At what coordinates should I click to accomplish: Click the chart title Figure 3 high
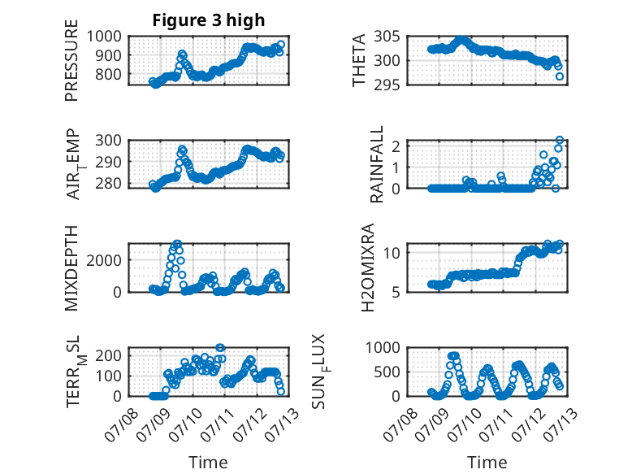pos(209,20)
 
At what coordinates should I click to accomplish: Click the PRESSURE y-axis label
pos(71,60)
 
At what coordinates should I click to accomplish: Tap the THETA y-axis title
pos(358,60)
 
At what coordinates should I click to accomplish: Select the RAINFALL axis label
pos(376,164)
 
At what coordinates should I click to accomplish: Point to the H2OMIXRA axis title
pos(368,267)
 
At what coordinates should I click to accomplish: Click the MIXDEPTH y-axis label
pos(71,267)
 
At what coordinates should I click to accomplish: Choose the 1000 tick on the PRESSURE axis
pos(104,37)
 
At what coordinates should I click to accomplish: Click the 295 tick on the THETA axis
pos(387,85)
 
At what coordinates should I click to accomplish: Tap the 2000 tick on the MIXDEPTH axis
pos(104,260)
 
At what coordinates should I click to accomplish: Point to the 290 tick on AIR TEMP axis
pos(108,162)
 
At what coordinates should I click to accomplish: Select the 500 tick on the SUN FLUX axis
pos(387,372)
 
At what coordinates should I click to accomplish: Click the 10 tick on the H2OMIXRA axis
pos(392,253)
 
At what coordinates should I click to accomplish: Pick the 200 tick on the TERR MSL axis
pos(108,355)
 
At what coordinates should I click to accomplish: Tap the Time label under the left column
pos(208,463)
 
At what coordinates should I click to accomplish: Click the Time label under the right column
pos(487,463)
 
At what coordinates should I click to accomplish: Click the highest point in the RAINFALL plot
pos(560,140)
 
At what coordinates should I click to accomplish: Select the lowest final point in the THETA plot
pos(560,76)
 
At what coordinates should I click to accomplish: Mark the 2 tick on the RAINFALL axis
pos(396,146)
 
